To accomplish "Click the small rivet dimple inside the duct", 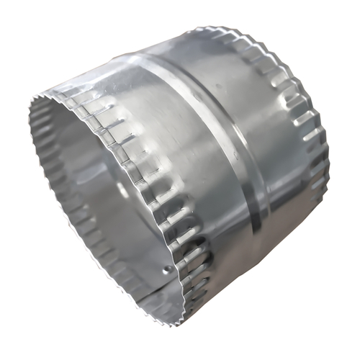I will pos(168,270).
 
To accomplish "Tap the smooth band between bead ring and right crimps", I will pos(270,144).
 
